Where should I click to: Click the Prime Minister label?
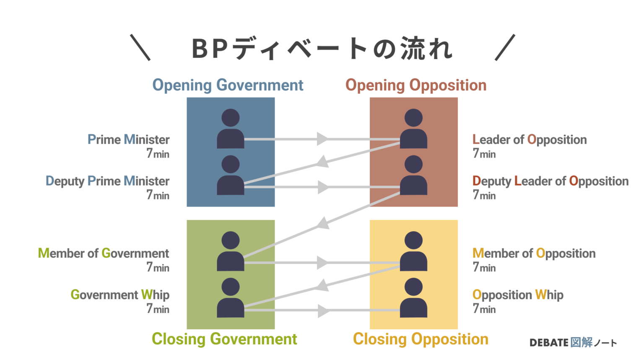tap(128, 140)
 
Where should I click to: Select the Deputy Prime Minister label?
tap(107, 181)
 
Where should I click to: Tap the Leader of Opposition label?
tap(530, 140)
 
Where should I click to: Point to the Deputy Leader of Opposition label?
tap(551, 181)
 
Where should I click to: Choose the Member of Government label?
tap(104, 253)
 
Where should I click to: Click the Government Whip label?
tap(120, 295)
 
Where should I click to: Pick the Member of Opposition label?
tap(534, 253)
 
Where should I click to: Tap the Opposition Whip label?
tap(518, 295)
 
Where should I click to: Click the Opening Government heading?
tap(228, 85)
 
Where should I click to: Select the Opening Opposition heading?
tap(416, 85)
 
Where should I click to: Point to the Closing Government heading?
tap(224, 339)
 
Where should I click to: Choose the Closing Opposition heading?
tap(421, 339)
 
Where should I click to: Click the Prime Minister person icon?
tap(231, 129)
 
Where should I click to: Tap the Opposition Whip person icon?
tap(413, 298)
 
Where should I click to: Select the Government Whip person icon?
tap(231, 298)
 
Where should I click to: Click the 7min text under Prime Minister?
tap(158, 154)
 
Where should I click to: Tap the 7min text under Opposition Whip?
tap(484, 309)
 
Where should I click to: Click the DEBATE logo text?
tap(549, 343)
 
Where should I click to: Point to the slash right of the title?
tap(505, 48)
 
